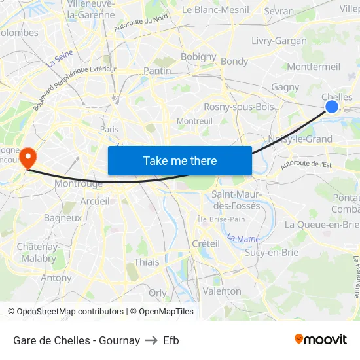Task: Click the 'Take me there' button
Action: click(x=180, y=160)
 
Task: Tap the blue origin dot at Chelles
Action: click(x=332, y=106)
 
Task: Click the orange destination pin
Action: click(x=27, y=157)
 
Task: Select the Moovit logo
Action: click(x=320, y=340)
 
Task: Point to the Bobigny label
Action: click(x=198, y=57)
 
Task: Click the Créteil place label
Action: click(x=206, y=243)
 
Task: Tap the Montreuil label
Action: click(x=194, y=121)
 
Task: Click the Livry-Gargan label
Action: click(x=279, y=41)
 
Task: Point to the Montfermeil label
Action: click(x=314, y=67)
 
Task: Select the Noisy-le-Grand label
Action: click(x=300, y=139)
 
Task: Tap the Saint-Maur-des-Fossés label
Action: click(x=236, y=200)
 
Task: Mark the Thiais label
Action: click(x=146, y=262)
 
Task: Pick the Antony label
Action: click(x=56, y=278)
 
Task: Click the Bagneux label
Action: click(x=62, y=217)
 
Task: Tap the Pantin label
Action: click(x=157, y=71)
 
